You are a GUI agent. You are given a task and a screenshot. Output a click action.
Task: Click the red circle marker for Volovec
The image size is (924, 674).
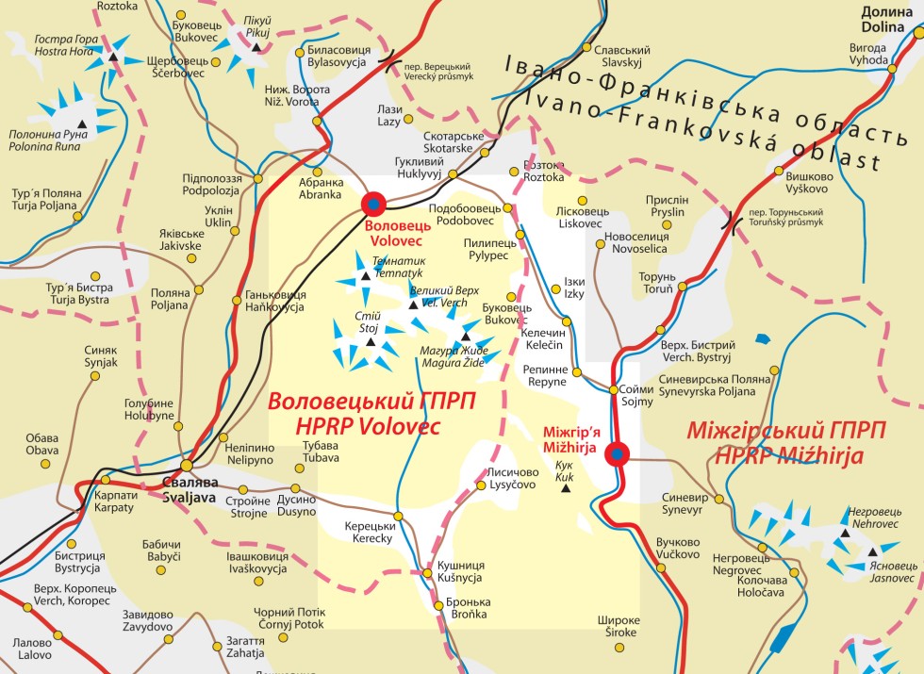click(373, 203)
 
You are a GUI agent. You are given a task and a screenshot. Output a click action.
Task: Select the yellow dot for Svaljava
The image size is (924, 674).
click(188, 466)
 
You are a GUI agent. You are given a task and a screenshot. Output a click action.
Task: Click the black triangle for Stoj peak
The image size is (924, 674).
click(370, 345)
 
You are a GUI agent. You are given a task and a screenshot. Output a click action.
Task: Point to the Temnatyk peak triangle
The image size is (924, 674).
click(365, 277)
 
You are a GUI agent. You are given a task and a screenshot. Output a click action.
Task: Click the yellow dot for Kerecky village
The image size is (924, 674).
click(398, 516)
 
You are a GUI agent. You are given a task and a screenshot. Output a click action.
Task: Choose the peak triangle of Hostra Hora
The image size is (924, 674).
click(113, 58)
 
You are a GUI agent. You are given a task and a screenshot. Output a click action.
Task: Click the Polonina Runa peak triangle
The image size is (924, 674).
click(81, 124)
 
